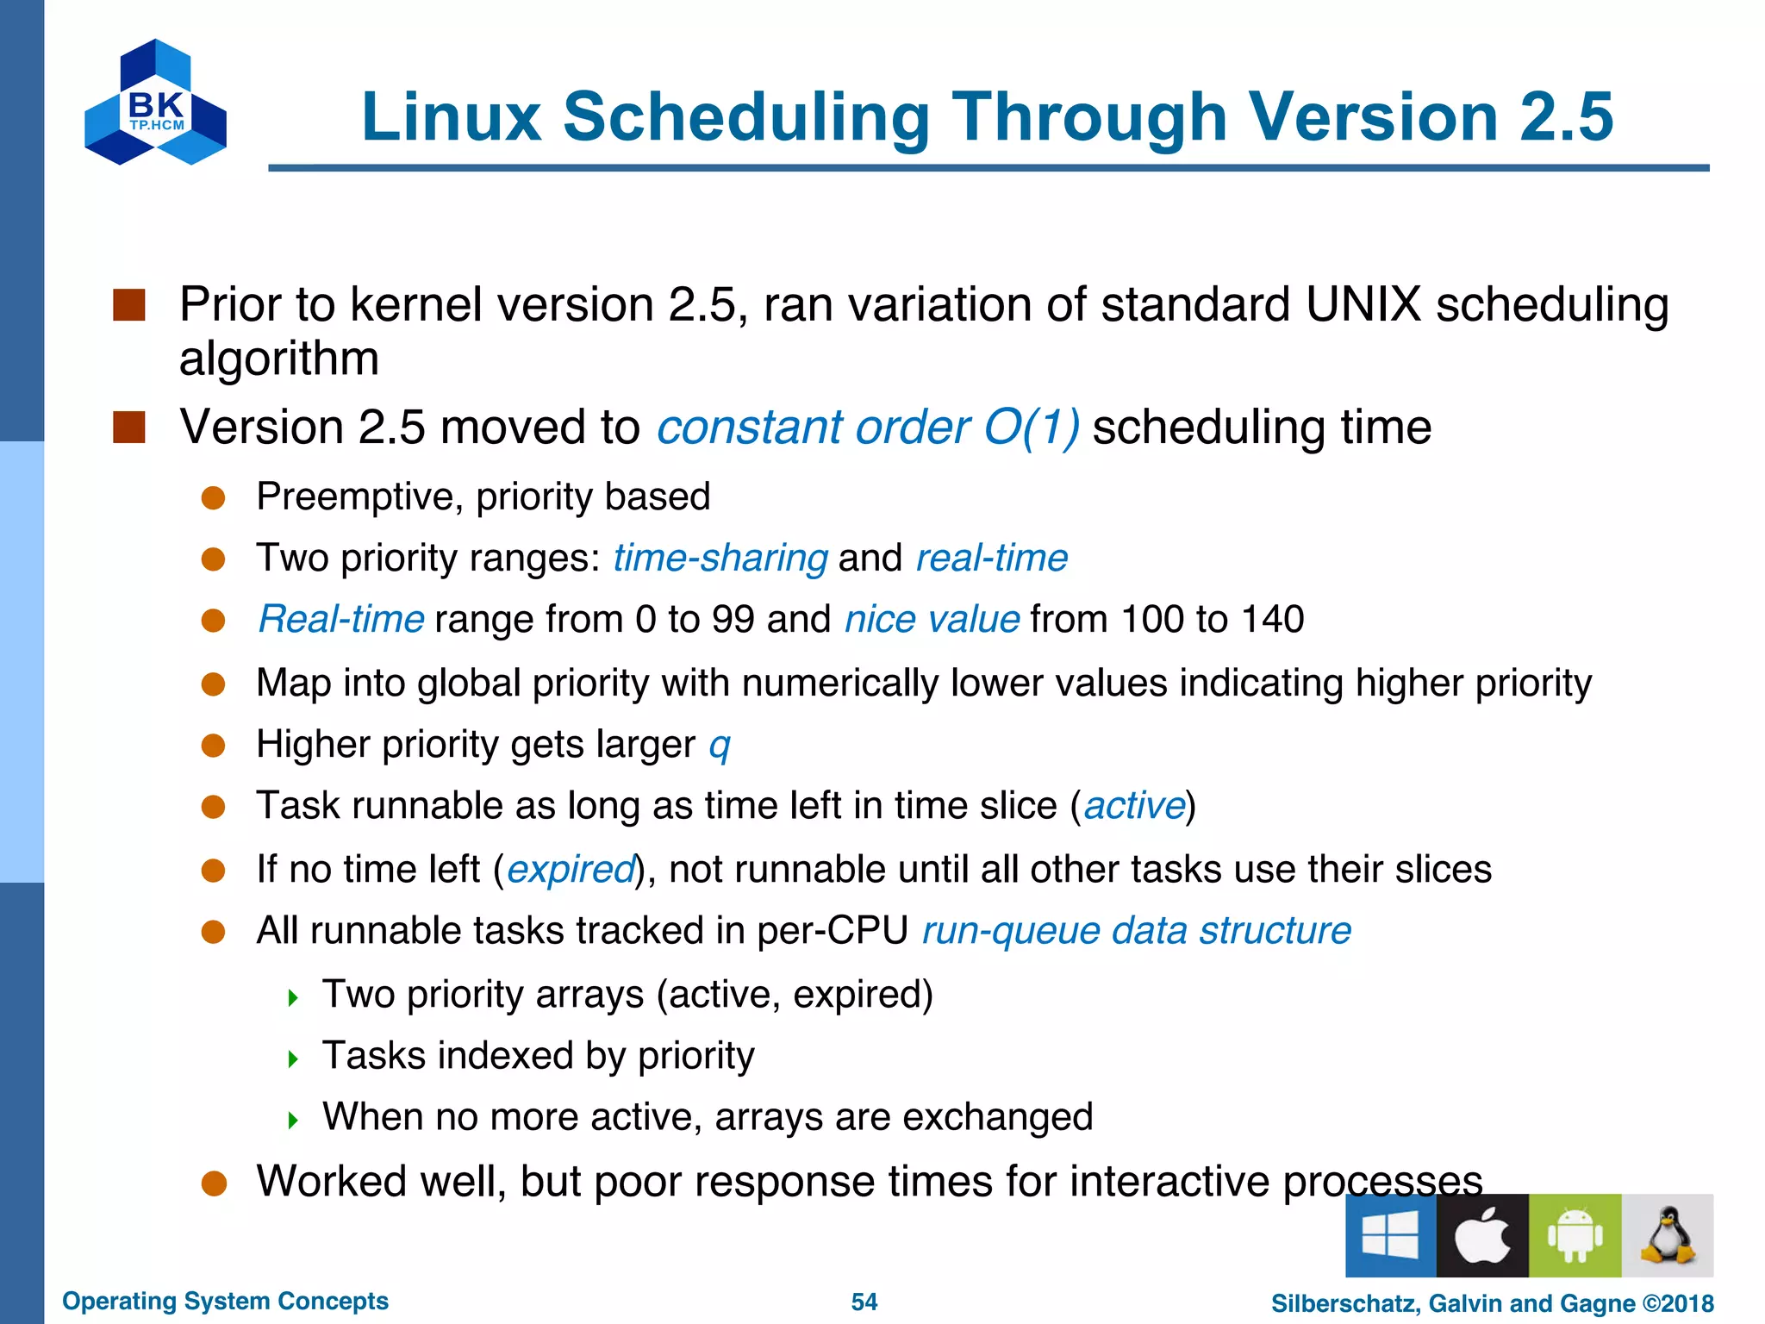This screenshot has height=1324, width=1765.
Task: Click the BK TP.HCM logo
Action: coord(155,103)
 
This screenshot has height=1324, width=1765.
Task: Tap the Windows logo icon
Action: coord(1390,1235)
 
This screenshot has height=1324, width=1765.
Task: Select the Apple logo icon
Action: coord(1482,1235)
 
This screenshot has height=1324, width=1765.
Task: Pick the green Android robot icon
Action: coord(1575,1235)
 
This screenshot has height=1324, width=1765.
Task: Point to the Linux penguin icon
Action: coord(1667,1235)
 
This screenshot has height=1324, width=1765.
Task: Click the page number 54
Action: coord(864,1302)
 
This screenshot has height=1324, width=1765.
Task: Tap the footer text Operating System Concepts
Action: coord(225,1301)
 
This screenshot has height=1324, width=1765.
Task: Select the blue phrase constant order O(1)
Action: coord(867,427)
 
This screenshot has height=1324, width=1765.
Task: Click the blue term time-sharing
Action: coord(720,558)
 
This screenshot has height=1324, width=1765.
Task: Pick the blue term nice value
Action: coord(932,619)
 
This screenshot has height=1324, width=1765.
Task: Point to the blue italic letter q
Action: coord(719,745)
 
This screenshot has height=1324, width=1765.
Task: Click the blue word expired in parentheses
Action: coord(571,869)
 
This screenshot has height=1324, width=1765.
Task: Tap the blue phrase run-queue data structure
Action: coord(1136,931)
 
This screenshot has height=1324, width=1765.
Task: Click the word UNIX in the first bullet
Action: coord(1363,304)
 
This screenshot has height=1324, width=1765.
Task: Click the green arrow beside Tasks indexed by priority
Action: coord(293,1059)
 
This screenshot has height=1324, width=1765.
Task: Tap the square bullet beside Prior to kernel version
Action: coord(129,305)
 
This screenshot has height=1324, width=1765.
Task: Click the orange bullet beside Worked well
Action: coord(214,1183)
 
